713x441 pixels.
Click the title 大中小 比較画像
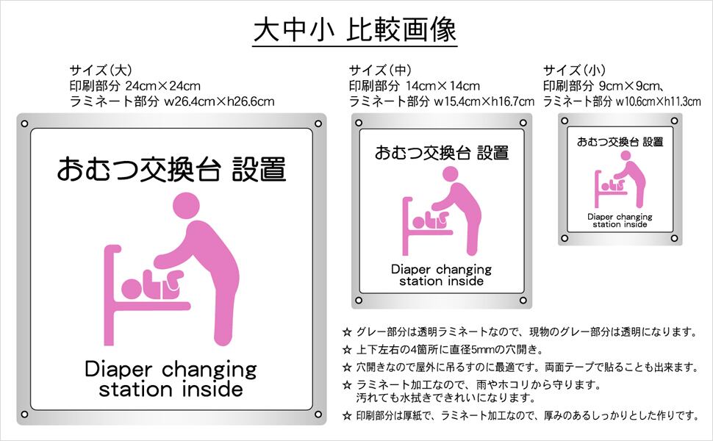point(356,30)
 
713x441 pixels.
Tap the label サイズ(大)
point(101,71)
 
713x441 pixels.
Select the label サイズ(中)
point(380,71)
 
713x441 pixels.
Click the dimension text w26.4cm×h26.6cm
point(219,101)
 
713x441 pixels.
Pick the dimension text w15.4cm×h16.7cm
point(484,101)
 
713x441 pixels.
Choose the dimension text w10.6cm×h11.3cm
point(658,101)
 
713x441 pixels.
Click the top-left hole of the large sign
point(24,123)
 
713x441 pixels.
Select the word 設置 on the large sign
point(259,169)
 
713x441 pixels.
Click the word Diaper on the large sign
point(121,368)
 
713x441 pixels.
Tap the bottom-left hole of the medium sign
point(359,300)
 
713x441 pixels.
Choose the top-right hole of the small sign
point(676,121)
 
